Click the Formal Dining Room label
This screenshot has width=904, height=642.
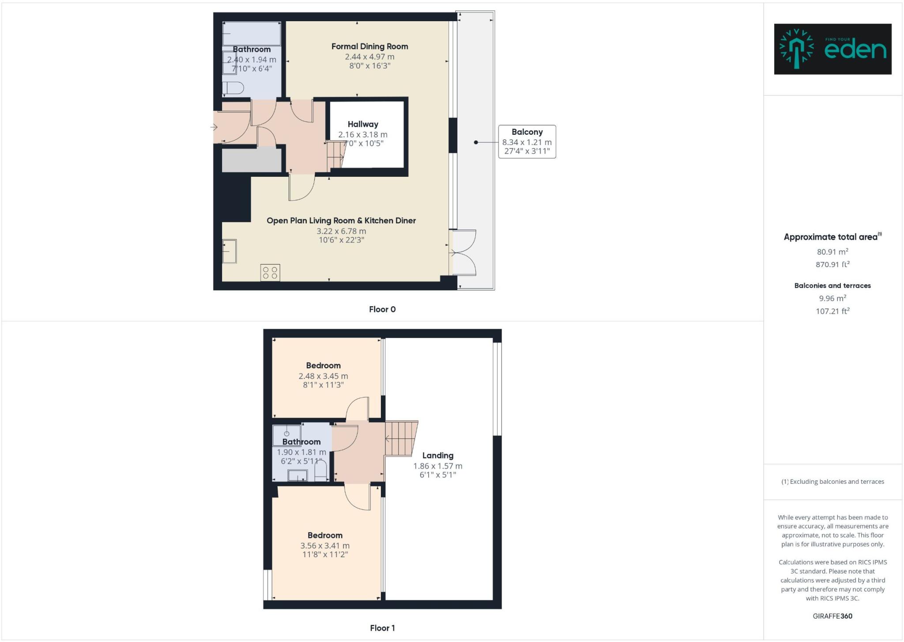[369, 46]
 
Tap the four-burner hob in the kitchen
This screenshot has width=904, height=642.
[270, 272]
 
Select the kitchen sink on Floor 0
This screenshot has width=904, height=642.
[229, 251]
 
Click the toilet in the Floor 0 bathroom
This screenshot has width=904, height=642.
[233, 87]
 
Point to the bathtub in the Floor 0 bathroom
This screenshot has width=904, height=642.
[252, 33]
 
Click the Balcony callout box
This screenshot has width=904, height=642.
[527, 141]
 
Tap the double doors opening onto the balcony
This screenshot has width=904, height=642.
[463, 253]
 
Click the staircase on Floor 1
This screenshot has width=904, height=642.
[401, 438]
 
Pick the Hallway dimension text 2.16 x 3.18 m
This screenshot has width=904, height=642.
[362, 134]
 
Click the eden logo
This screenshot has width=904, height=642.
[832, 49]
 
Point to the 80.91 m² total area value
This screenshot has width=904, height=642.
[832, 252]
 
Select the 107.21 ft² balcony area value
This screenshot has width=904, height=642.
[832, 311]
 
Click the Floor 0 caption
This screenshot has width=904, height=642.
[382, 309]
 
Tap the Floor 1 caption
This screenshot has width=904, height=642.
[382, 628]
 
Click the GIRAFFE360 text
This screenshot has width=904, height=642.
[832, 616]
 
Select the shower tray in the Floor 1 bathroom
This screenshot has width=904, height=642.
[286, 435]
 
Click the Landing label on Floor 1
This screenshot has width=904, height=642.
[437, 455]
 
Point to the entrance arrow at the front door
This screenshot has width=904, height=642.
[214, 128]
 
